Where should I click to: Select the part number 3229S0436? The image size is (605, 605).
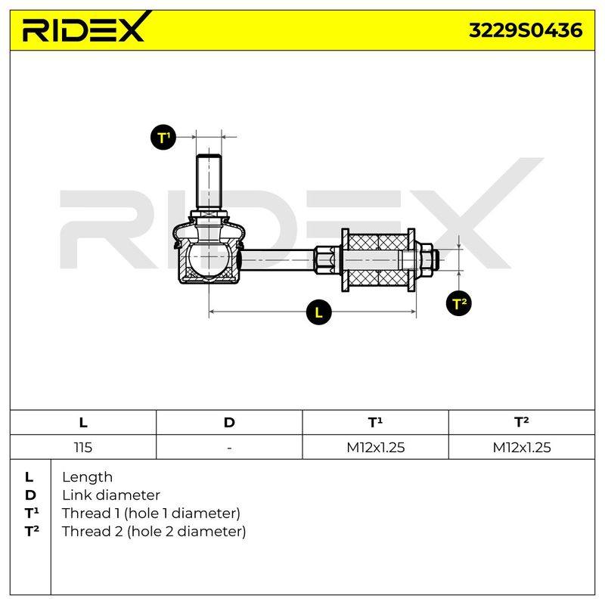[526, 30]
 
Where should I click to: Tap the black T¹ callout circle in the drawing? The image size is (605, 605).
[163, 138]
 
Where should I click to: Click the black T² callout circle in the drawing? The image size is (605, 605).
[459, 303]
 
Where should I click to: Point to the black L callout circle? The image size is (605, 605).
[318, 312]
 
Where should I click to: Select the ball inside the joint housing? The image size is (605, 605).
[209, 259]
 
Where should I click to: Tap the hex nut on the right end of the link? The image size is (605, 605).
[424, 260]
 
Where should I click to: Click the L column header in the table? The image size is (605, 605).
[83, 423]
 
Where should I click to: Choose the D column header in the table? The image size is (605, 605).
[229, 423]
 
